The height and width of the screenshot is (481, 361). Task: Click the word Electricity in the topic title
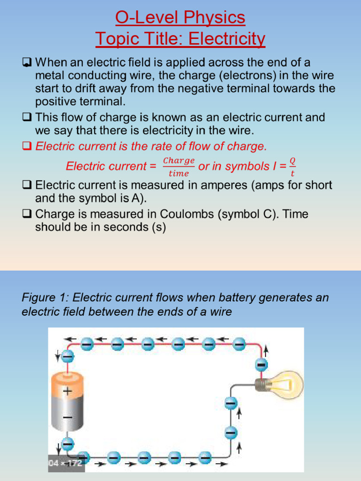click(x=225, y=39)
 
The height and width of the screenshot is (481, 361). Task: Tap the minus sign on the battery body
click(x=68, y=417)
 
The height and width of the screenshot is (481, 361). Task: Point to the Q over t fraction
click(x=293, y=167)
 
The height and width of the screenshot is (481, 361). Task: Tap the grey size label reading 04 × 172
click(x=66, y=463)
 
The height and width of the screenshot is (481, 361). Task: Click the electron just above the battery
click(x=68, y=357)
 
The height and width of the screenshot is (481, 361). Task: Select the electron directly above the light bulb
click(x=261, y=365)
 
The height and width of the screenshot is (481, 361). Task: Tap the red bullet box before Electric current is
click(x=27, y=147)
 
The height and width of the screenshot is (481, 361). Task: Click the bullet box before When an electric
click(x=27, y=62)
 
